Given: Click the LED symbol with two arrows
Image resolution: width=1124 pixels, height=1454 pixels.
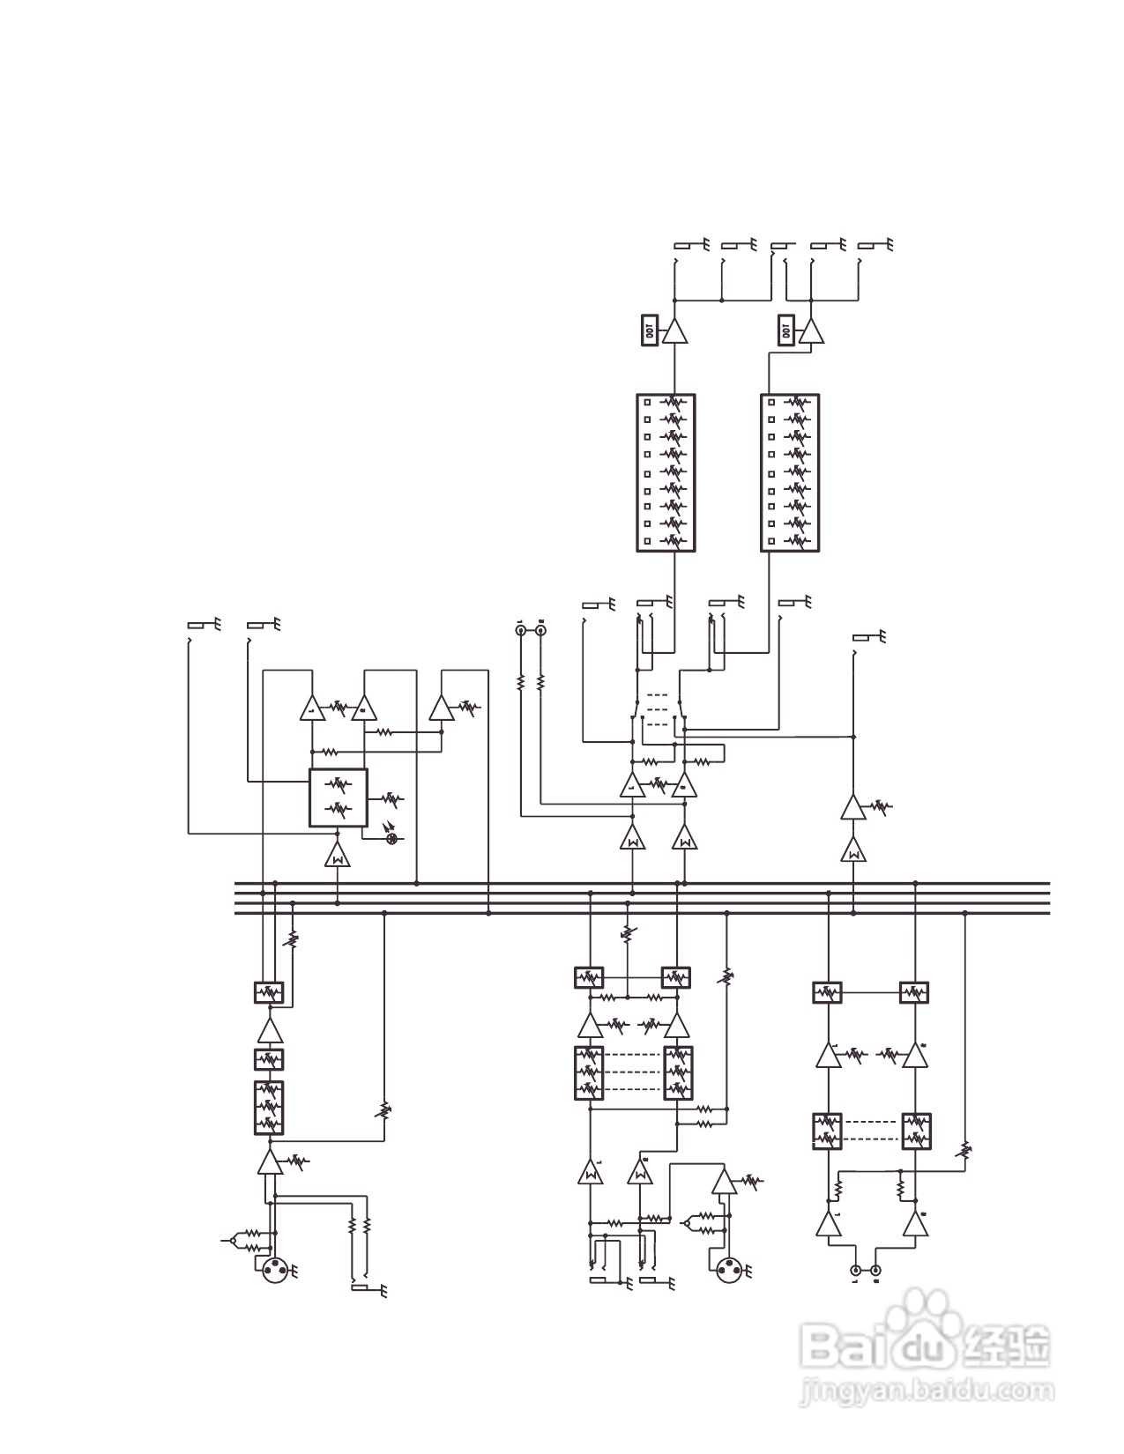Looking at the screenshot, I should tap(393, 837).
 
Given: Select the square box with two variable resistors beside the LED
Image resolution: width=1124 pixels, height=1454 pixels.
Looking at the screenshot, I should tap(338, 797).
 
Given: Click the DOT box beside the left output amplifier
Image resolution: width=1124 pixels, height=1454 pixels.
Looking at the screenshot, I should tap(650, 331).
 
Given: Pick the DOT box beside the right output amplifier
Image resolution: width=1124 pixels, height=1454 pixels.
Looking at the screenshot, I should tap(785, 331).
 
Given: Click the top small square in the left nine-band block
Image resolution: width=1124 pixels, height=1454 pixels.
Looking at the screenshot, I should tap(648, 402).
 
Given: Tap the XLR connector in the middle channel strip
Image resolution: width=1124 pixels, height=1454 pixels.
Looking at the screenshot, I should tap(728, 1271).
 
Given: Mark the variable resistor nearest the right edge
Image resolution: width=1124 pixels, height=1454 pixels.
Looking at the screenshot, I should tap(965, 1150).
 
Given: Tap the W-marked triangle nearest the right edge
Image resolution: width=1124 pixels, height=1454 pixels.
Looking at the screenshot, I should tap(852, 851).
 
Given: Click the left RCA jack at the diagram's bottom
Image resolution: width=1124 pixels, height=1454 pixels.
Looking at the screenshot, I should tap(855, 1271).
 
